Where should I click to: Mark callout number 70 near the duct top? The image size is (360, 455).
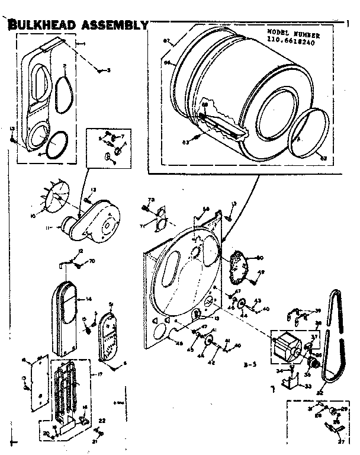92,261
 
